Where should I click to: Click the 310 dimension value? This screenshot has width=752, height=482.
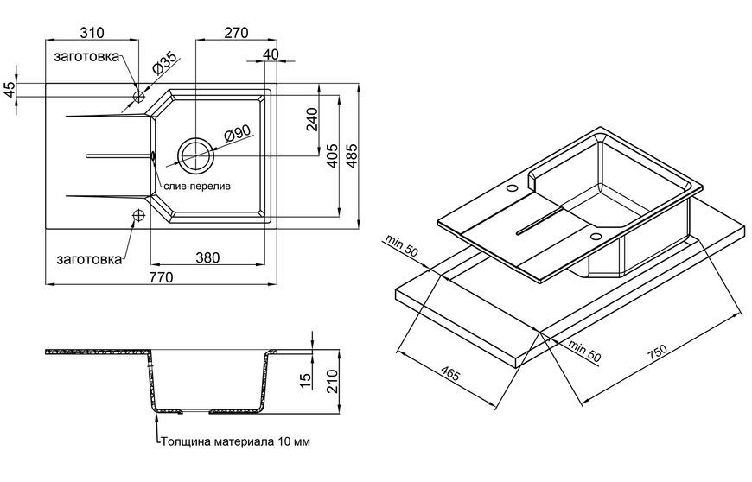click(x=92, y=33)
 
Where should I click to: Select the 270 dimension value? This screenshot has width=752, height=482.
click(x=237, y=33)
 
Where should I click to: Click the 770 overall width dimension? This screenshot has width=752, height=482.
click(x=161, y=277)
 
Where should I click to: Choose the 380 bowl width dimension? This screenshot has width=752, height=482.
click(x=207, y=257)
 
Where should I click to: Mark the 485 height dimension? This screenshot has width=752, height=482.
click(x=352, y=155)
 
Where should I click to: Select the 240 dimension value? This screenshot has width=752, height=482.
click(x=312, y=120)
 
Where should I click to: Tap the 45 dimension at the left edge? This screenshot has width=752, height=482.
click(x=10, y=90)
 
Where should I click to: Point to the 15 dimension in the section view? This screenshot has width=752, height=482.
click(x=305, y=382)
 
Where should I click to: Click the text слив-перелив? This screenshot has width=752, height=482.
click(x=197, y=186)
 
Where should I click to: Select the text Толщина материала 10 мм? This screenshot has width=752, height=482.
click(x=235, y=441)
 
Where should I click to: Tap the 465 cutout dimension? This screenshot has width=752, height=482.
click(x=449, y=373)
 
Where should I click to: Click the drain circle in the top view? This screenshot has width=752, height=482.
click(x=195, y=155)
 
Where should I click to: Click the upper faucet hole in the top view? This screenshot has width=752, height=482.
click(x=138, y=97)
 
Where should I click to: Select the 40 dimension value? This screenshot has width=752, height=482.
click(x=271, y=54)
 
